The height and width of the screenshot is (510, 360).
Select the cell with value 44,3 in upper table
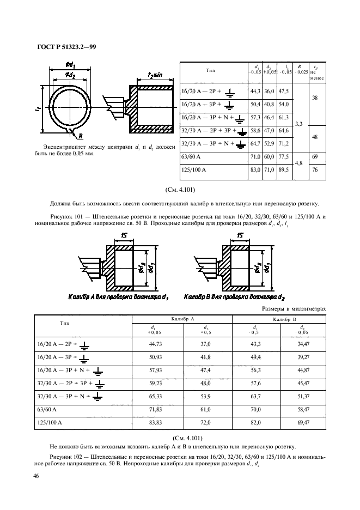(254, 91)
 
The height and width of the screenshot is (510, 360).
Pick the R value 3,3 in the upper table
(299, 124)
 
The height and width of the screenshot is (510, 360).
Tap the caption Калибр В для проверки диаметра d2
(231, 297)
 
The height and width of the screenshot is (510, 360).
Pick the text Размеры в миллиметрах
(294, 309)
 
